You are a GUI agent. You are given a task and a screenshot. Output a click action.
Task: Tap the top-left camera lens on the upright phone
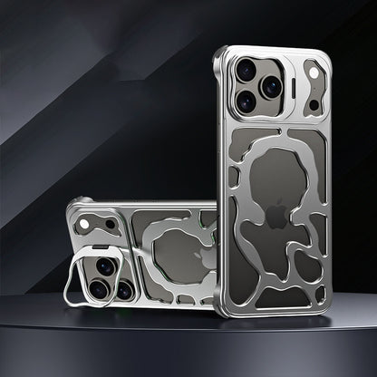pyautogui.click(x=246, y=68)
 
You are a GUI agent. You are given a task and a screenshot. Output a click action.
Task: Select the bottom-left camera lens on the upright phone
pyautogui.click(x=246, y=101)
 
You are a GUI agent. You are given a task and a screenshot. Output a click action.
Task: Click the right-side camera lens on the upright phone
pyautogui.click(x=271, y=86)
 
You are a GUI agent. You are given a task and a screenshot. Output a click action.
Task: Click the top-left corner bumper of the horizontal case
pyautogui.click(x=72, y=208)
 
